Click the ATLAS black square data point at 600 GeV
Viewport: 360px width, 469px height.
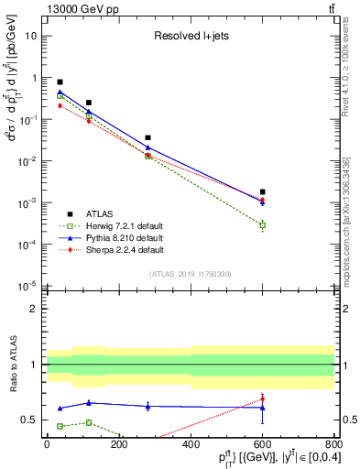point(262,191)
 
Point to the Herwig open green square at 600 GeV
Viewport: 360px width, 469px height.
point(262,225)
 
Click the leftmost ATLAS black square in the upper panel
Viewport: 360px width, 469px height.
point(60,82)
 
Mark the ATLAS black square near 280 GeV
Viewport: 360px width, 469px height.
point(147,137)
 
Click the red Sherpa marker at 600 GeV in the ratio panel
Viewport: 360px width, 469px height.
point(262,398)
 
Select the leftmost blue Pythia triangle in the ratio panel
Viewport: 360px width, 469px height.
point(60,408)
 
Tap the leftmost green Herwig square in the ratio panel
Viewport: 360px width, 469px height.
point(60,426)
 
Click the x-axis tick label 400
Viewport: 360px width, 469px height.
point(191,442)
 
